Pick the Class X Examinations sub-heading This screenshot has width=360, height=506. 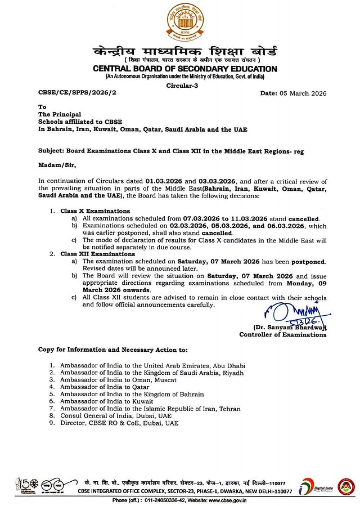click(95, 211)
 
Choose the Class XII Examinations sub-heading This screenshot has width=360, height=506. click(97, 254)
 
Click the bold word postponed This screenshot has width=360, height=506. click(308, 262)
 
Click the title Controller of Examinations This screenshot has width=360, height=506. click(282, 335)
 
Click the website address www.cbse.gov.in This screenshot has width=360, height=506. click(226, 500)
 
